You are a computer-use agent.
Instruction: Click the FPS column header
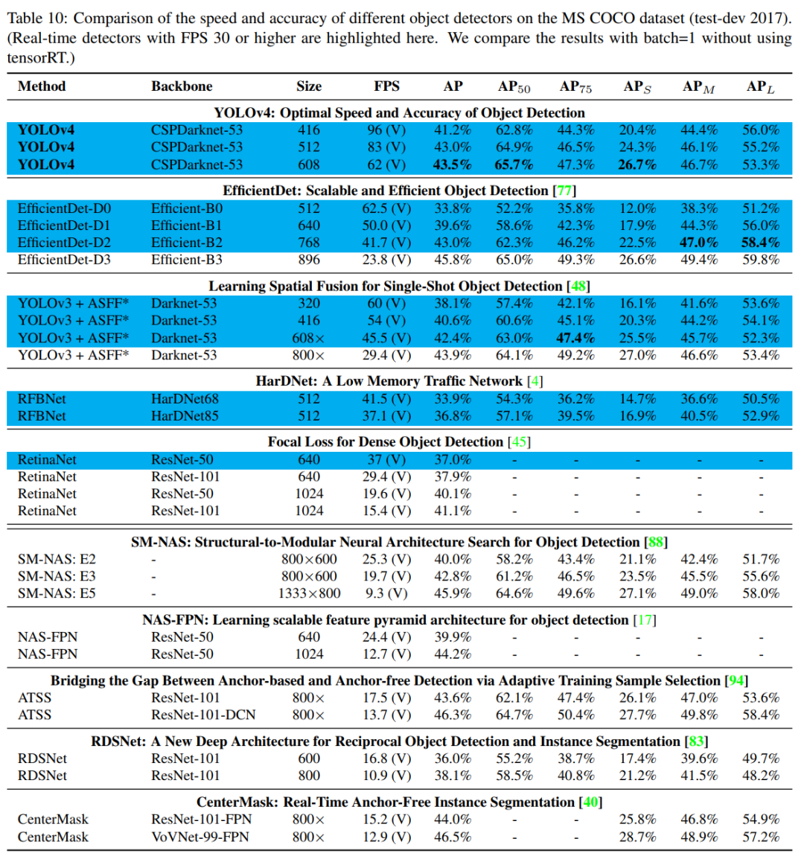[x=386, y=86]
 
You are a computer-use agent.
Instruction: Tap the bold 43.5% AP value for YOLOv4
[x=453, y=165]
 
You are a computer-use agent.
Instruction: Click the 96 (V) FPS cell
[x=386, y=130]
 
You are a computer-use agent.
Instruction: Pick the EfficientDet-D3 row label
[x=64, y=260]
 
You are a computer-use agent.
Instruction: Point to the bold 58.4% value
[x=761, y=243]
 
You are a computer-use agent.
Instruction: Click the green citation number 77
[x=565, y=191]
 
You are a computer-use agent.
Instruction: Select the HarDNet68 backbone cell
[x=185, y=399]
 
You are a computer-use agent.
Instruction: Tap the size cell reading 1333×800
[x=309, y=593]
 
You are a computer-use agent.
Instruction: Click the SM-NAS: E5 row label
[x=57, y=593]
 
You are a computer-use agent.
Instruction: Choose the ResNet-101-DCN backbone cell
[x=203, y=715]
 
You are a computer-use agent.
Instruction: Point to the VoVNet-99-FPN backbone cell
[x=200, y=837]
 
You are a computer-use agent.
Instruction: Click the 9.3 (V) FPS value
[x=386, y=593]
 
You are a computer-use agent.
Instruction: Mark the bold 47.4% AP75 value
[x=575, y=338]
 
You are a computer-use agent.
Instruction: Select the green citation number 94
[x=736, y=680]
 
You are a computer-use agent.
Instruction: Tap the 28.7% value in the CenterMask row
[x=638, y=837]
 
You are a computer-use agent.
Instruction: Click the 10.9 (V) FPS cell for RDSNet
[x=386, y=776]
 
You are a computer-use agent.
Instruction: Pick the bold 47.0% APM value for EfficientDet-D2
[x=699, y=243]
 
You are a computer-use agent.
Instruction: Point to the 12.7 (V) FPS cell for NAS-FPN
[x=386, y=654]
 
